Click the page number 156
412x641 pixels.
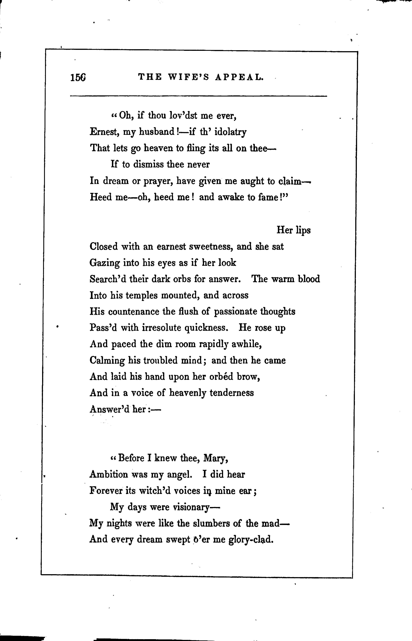(x=78, y=78)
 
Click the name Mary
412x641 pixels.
(x=216, y=458)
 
